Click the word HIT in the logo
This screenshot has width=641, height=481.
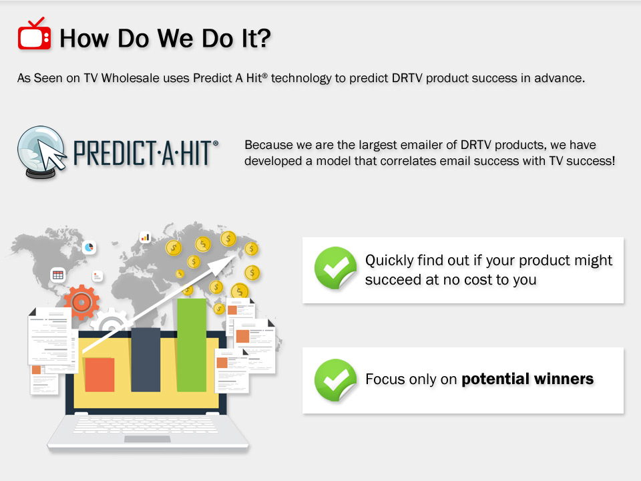(x=196, y=154)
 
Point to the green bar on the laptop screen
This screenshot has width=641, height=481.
(x=192, y=345)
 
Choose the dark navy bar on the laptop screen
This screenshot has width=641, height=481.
(x=146, y=359)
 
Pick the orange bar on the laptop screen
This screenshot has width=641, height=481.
(x=99, y=375)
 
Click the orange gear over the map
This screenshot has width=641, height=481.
(x=81, y=302)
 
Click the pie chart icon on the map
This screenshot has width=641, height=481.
(x=89, y=247)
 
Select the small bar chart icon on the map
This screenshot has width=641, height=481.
(x=145, y=237)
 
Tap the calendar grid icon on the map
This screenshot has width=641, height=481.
(x=58, y=275)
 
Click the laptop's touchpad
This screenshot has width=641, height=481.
(x=147, y=440)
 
